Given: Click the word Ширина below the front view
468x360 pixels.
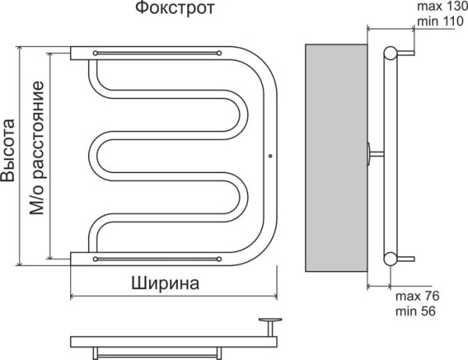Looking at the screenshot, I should (x=165, y=283).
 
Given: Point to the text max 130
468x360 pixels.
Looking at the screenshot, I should (x=439, y=8).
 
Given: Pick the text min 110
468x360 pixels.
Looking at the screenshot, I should (x=438, y=22).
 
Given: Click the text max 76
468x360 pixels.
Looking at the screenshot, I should (x=417, y=298).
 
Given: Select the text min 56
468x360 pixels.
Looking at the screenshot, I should (x=415, y=312).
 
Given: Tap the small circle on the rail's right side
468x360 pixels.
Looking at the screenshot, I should (x=269, y=154).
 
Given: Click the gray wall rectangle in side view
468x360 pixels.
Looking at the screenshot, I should (x=335, y=156).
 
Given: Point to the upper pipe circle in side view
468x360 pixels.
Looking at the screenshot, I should (x=390, y=53).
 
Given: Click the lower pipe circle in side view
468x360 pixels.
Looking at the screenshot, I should (x=390, y=259).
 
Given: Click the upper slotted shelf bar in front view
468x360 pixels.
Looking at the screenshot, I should (x=156, y=52).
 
